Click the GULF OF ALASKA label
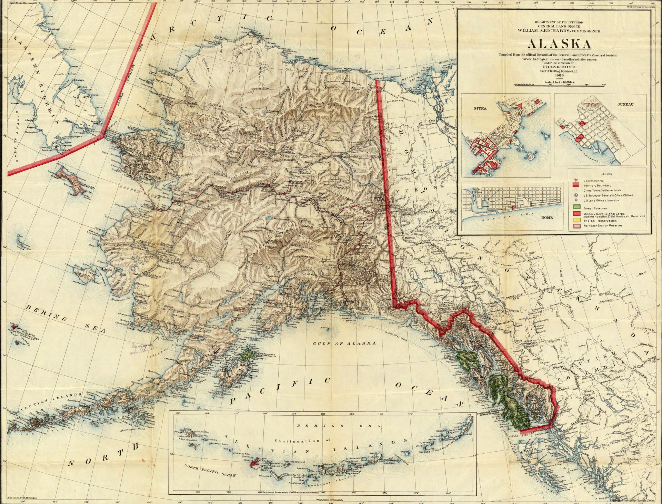click(344, 343)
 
